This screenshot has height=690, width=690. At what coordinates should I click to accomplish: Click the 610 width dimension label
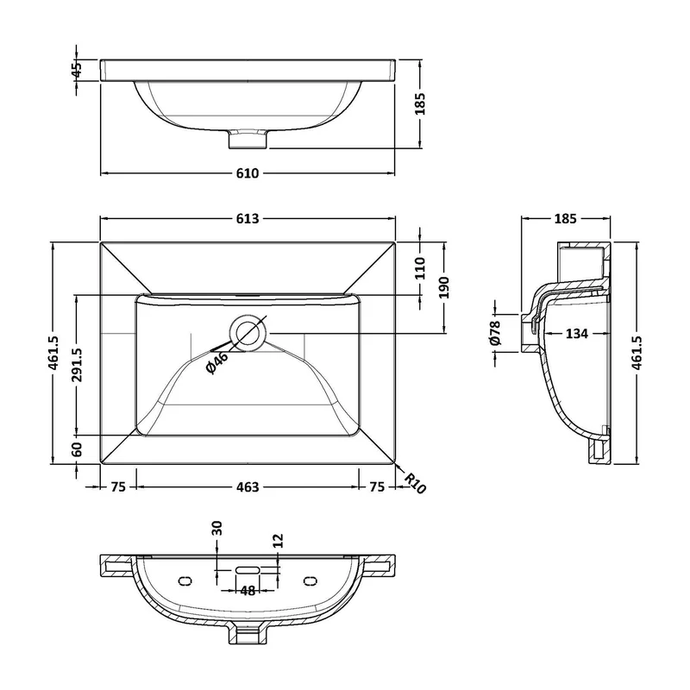point(248,173)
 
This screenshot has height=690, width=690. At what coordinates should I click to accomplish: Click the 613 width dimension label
point(248,218)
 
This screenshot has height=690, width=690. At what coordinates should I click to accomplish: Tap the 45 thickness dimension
point(77,70)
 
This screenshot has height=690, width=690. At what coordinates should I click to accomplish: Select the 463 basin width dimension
point(248,486)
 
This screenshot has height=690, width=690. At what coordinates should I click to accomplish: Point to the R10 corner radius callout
point(415,483)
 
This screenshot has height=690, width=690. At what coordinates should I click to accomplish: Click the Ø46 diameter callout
point(217,362)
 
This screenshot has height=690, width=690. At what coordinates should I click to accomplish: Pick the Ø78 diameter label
point(495,333)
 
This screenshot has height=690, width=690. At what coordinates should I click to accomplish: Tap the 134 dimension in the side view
point(576,334)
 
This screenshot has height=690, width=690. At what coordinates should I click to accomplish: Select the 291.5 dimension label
point(77,365)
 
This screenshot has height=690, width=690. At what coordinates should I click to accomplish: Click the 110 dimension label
point(420,268)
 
